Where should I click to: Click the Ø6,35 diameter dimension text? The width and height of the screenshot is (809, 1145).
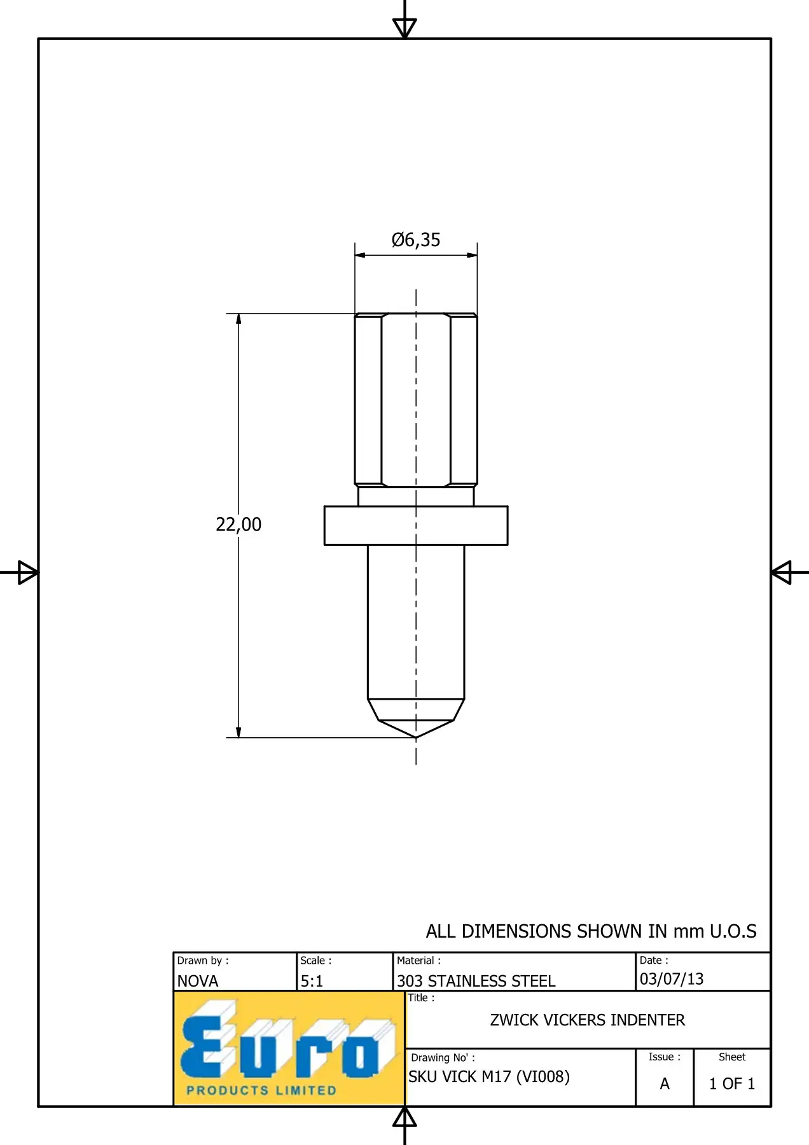(x=416, y=240)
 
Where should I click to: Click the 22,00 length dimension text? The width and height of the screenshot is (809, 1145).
(x=239, y=524)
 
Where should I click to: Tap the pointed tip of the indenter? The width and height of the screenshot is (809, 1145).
(x=416, y=736)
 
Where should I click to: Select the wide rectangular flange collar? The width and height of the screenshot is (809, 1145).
(x=416, y=525)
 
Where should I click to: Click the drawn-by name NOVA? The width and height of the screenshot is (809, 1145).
(x=198, y=981)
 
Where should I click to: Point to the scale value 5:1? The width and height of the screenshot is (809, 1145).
(x=312, y=981)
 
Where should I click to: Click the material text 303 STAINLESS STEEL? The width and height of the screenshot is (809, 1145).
(x=476, y=981)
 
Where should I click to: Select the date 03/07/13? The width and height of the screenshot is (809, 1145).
(x=672, y=978)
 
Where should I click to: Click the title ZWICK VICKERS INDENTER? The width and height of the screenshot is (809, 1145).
(x=587, y=1020)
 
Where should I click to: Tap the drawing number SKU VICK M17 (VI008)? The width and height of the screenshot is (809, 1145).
(x=488, y=1076)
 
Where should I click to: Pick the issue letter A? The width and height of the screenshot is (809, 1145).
(x=665, y=1083)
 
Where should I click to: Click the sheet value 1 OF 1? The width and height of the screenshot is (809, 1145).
(x=732, y=1083)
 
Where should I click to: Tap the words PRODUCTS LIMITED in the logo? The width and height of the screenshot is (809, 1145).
(x=261, y=1090)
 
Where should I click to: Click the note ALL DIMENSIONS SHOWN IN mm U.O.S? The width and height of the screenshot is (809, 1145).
(x=591, y=931)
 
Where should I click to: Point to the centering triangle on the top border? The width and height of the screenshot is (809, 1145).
(x=405, y=27)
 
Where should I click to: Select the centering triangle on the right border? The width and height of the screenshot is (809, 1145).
(x=782, y=572)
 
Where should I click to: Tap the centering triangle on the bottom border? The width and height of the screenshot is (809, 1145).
(x=405, y=1118)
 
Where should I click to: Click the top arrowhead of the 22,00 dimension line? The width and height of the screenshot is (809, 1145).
(x=239, y=319)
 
